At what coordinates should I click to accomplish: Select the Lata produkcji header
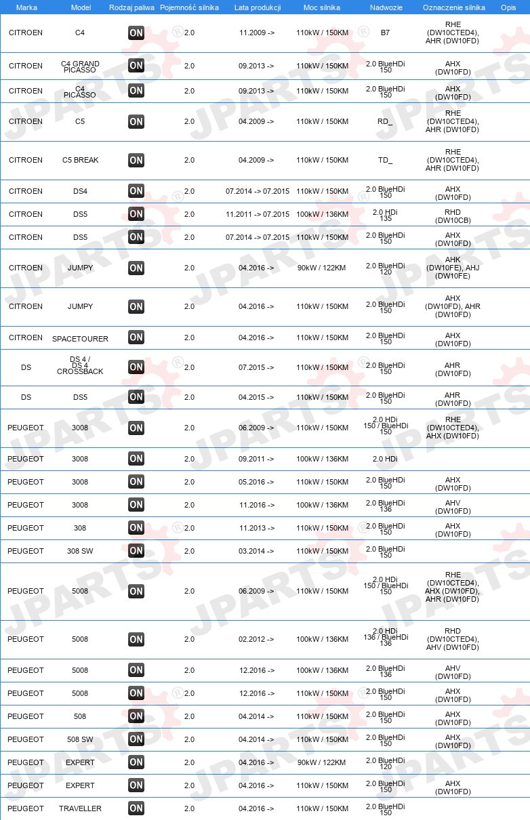click(x=258, y=7)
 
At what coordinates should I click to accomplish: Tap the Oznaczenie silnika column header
click(x=453, y=7)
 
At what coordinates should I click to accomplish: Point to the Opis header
click(x=508, y=7)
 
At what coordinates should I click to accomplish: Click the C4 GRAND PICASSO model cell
click(x=80, y=66)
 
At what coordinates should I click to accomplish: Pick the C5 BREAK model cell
click(x=80, y=161)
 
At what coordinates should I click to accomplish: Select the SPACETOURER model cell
click(x=80, y=338)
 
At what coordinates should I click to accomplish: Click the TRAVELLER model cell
click(x=80, y=808)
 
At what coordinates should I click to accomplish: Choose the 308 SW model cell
click(x=80, y=551)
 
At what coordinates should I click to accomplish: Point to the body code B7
click(x=385, y=33)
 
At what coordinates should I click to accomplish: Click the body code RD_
click(x=385, y=122)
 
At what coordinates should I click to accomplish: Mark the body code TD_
click(x=385, y=161)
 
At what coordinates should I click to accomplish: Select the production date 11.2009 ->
click(x=257, y=33)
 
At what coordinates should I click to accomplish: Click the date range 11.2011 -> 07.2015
click(x=257, y=214)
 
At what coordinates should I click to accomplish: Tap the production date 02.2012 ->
click(x=257, y=639)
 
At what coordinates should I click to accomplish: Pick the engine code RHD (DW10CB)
click(x=453, y=214)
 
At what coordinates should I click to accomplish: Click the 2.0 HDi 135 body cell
click(x=385, y=214)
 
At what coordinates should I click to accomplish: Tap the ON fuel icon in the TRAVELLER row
click(x=136, y=808)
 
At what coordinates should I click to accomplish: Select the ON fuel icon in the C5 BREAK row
click(x=136, y=161)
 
